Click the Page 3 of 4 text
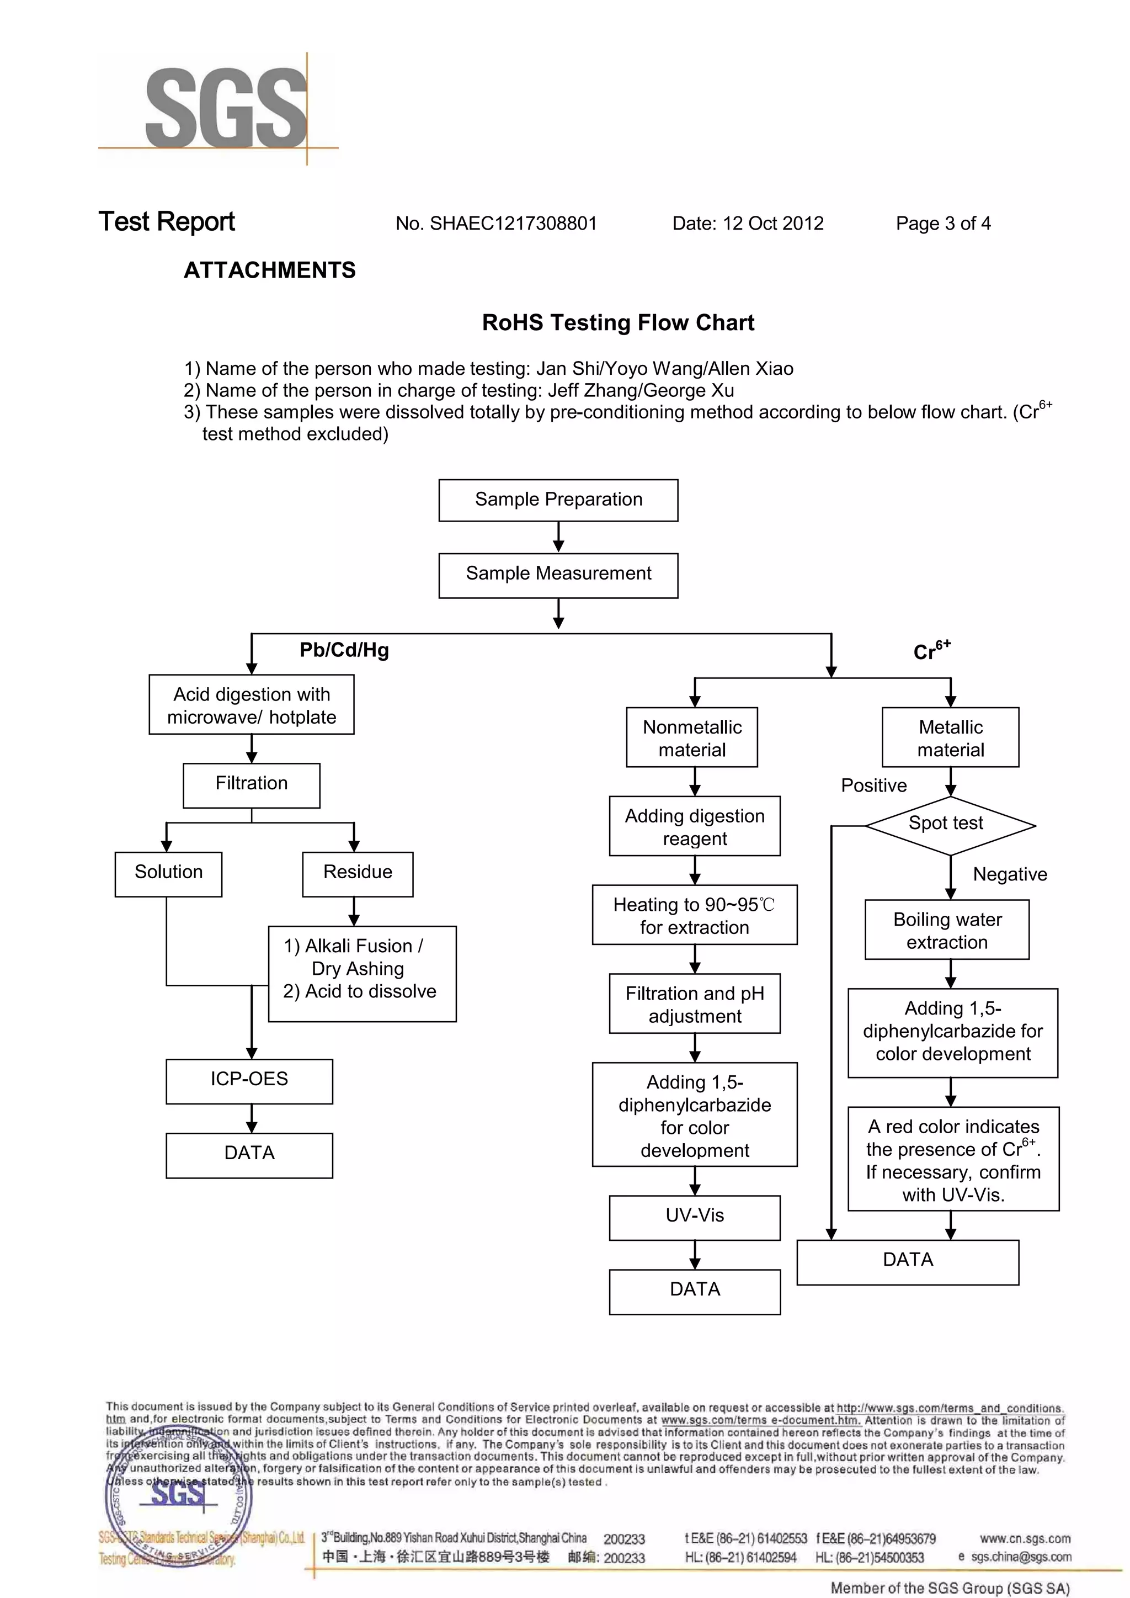943,224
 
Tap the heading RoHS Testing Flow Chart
618,323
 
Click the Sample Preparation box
558,500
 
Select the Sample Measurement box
558,575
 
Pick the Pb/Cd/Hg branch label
344,650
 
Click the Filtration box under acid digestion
251,785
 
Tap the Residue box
358,873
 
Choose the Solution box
168,873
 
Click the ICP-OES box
249,1081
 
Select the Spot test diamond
949,825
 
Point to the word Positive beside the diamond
874,786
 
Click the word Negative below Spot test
1010,875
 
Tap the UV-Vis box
695,1217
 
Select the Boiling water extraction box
947,930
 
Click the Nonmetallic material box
692,738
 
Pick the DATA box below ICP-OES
249,1155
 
